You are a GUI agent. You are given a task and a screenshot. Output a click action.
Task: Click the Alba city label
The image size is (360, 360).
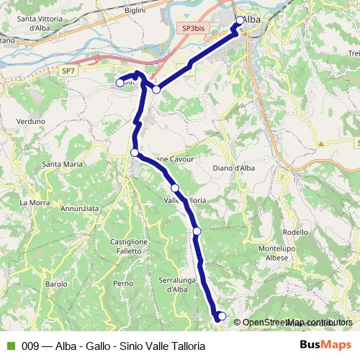[252, 20]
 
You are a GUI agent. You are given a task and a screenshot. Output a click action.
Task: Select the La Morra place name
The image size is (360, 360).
[33, 202]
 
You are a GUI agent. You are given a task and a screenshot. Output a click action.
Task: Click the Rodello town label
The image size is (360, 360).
[295, 232]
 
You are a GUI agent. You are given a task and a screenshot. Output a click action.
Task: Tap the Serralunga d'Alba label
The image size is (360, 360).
[173, 284]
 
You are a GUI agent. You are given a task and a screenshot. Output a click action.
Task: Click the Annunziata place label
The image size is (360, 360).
[80, 208]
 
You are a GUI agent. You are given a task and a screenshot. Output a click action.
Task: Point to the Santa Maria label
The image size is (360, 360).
[63, 164]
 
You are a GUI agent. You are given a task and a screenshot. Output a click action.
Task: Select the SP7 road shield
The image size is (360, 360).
[68, 71]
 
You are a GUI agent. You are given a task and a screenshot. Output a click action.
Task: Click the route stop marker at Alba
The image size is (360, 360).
[240, 21]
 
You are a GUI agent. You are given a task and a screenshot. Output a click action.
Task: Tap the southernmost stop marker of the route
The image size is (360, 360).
[222, 316]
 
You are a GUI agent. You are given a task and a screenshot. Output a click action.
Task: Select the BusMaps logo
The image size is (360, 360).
[327, 345]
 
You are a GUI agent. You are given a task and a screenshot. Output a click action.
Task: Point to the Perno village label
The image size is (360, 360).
[123, 284]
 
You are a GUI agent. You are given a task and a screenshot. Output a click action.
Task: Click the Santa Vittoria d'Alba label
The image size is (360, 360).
[39, 24]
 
